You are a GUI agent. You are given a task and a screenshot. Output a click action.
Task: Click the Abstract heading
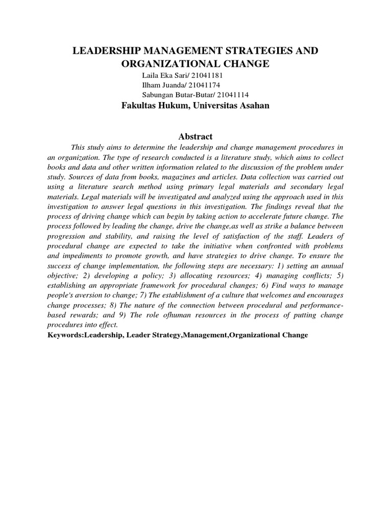pos(195,136)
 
